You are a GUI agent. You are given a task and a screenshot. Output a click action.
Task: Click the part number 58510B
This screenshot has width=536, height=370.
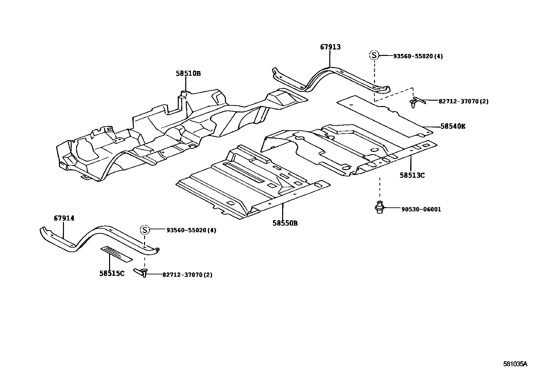click(188, 73)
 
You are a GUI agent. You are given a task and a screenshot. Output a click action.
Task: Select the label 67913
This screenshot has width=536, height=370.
click(330, 47)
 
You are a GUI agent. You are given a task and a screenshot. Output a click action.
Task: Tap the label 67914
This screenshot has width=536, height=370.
click(64, 218)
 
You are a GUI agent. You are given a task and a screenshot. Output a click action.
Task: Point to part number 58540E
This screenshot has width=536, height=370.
click(453, 126)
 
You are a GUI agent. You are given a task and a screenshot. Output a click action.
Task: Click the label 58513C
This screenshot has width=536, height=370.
click(412, 175)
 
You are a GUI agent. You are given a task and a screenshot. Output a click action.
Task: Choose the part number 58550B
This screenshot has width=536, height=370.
click(285, 223)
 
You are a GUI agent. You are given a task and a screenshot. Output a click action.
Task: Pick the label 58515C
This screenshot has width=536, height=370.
click(112, 273)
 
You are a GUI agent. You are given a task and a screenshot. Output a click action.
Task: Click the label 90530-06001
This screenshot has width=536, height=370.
click(421, 209)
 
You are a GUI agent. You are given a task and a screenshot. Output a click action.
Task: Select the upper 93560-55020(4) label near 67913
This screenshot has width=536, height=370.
click(417, 56)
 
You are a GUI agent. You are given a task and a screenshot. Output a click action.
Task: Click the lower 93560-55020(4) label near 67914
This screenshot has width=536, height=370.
click(191, 230)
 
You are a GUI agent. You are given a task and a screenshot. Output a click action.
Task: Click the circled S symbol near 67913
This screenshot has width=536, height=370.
click(374, 55)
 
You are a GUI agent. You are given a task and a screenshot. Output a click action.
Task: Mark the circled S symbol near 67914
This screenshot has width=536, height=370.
click(144, 230)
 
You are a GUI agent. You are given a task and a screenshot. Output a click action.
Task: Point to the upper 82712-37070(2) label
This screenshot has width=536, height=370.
click(463, 101)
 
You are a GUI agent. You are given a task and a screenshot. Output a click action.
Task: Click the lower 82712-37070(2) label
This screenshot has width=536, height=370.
click(187, 275)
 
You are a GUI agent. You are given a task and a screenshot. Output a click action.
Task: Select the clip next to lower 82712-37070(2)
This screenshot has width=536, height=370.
click(141, 272)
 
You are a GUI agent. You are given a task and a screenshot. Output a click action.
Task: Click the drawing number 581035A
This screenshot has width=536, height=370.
click(515, 364)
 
